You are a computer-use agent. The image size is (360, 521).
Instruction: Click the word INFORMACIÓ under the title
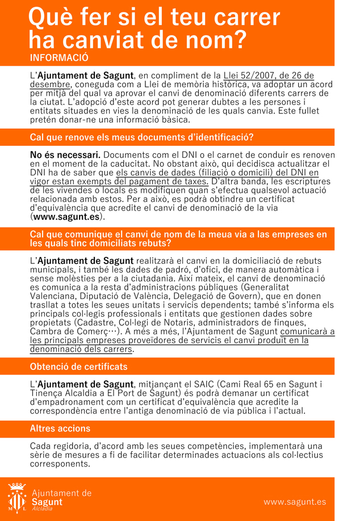60,58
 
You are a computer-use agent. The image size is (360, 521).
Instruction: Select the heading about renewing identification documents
142,137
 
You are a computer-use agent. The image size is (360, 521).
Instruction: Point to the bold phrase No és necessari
65,155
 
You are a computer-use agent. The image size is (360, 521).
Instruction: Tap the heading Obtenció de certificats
78,367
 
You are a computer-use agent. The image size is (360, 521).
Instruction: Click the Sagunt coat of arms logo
16,498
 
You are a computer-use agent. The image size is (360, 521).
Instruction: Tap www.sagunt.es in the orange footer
295,502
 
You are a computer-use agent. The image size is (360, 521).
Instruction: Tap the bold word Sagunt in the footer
47,502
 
